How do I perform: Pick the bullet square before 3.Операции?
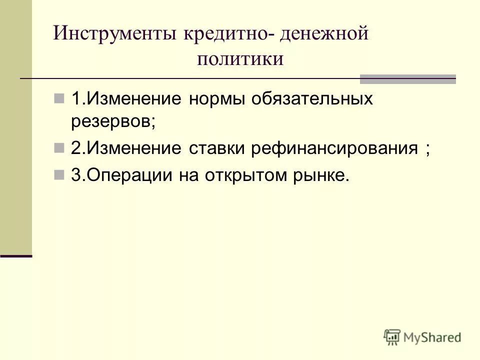(x=59, y=174)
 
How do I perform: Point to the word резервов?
(x=113, y=121)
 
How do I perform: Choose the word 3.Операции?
(x=119, y=175)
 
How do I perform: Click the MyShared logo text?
(x=432, y=337)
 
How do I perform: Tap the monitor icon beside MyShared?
(x=392, y=336)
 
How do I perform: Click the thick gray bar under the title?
(x=408, y=78)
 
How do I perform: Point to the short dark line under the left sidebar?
(x=16, y=255)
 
